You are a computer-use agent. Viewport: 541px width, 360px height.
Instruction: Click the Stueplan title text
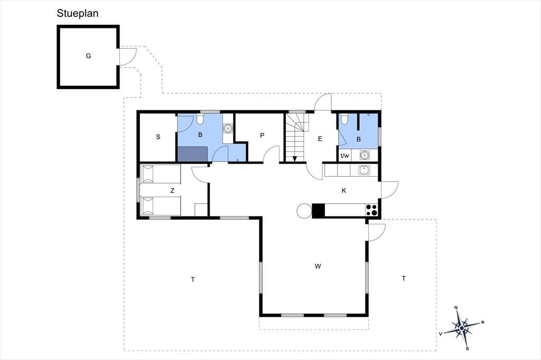[78, 13]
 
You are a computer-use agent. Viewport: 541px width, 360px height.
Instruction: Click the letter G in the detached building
[88, 56]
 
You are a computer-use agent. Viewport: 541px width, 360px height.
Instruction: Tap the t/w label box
[344, 156]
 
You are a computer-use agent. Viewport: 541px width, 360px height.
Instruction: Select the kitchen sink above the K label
[364, 170]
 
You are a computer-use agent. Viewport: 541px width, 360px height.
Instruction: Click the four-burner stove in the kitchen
[371, 210]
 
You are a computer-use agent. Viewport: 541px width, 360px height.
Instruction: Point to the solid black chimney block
[319, 211]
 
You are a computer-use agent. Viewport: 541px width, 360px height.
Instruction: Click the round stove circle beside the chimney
[304, 211]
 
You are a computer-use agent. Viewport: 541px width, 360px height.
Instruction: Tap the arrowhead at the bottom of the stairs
[295, 159]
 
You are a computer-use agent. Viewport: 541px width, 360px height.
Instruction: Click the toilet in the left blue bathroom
[200, 119]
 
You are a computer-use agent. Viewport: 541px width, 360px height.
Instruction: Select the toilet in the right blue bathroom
[344, 119]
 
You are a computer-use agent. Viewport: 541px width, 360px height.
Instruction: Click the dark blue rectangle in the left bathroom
[192, 154]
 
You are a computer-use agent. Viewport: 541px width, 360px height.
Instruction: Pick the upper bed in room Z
[161, 174]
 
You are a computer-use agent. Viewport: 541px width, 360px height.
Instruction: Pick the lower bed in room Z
[161, 206]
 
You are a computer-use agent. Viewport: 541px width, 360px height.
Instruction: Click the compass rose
[462, 327]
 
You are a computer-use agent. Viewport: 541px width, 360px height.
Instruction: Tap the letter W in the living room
[318, 266]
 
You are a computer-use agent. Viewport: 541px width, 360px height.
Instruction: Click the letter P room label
[262, 136]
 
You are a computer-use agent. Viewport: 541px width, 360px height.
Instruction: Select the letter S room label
[158, 137]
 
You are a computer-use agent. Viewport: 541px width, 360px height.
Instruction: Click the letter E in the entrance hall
[320, 139]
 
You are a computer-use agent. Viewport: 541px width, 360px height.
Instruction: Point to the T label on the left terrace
[193, 279]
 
